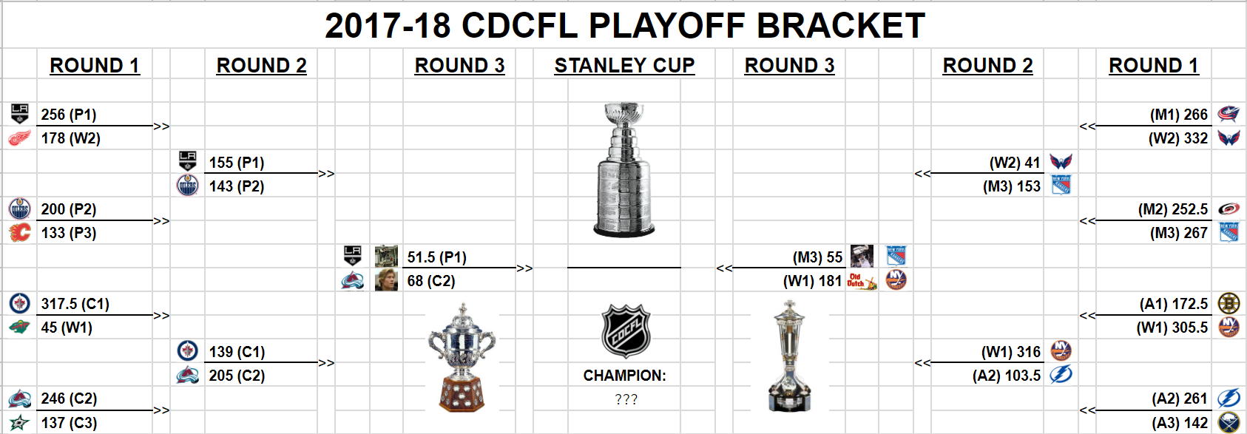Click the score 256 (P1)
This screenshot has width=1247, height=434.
tap(69, 115)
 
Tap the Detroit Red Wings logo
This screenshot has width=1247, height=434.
tap(19, 138)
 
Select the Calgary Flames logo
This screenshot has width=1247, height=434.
tap(19, 233)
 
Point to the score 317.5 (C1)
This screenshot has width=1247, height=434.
tap(75, 304)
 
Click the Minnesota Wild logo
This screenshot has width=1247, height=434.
tap(19, 328)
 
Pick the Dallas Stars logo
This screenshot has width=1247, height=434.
tap(19, 423)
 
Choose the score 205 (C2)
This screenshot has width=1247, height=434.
tap(237, 376)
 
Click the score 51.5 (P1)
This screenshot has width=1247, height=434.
tap(437, 257)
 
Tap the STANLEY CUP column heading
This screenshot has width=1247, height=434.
tap(625, 66)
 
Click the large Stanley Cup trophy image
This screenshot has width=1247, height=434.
tap(624, 169)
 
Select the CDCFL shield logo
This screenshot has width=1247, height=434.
tap(626, 330)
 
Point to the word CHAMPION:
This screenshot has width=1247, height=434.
tap(625, 376)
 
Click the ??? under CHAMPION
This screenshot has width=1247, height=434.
tap(626, 399)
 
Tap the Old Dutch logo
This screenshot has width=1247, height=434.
tap(861, 280)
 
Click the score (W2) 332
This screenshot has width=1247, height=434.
tap(1178, 138)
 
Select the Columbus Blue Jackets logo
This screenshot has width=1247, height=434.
tap(1228, 114)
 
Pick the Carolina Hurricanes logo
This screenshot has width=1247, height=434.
tap(1228, 209)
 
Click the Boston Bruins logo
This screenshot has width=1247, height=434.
tap(1229, 303)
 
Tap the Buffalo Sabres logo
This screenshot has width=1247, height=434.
tap(1229, 423)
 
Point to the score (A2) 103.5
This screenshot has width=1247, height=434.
tap(1007, 376)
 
